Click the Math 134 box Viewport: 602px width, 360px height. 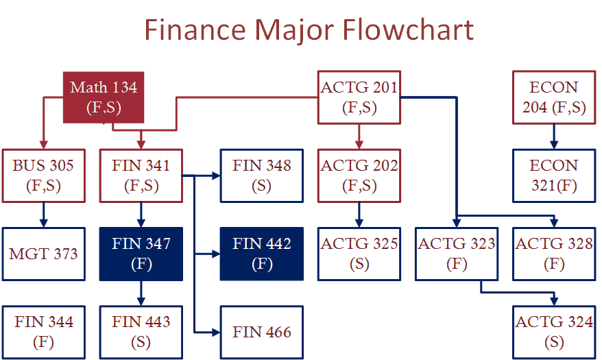[x=104, y=97]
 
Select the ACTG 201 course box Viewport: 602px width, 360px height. [x=359, y=97]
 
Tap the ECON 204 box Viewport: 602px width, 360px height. [x=554, y=97]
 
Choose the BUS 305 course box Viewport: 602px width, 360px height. [x=43, y=176]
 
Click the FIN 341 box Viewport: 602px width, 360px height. [x=141, y=176]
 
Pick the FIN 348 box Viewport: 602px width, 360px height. [x=262, y=176]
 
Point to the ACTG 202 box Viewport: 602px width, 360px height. [x=359, y=176]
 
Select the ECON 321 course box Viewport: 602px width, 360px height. [x=554, y=176]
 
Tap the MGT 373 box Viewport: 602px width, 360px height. [x=43, y=254]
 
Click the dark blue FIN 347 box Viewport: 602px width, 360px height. [x=141, y=254]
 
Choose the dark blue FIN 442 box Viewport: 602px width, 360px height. [x=262, y=254]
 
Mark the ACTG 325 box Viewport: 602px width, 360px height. [x=359, y=254]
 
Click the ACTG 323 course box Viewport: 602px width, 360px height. [x=457, y=254]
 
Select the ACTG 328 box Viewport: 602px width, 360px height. [x=554, y=254]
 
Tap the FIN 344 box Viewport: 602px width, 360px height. [x=43, y=333]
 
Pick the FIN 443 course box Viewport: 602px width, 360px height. [x=141, y=333]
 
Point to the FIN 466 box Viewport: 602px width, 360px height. [x=262, y=333]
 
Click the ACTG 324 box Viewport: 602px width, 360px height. [x=554, y=333]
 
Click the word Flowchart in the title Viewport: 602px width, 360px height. [x=408, y=29]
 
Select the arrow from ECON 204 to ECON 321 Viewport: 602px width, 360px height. [x=553, y=136]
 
